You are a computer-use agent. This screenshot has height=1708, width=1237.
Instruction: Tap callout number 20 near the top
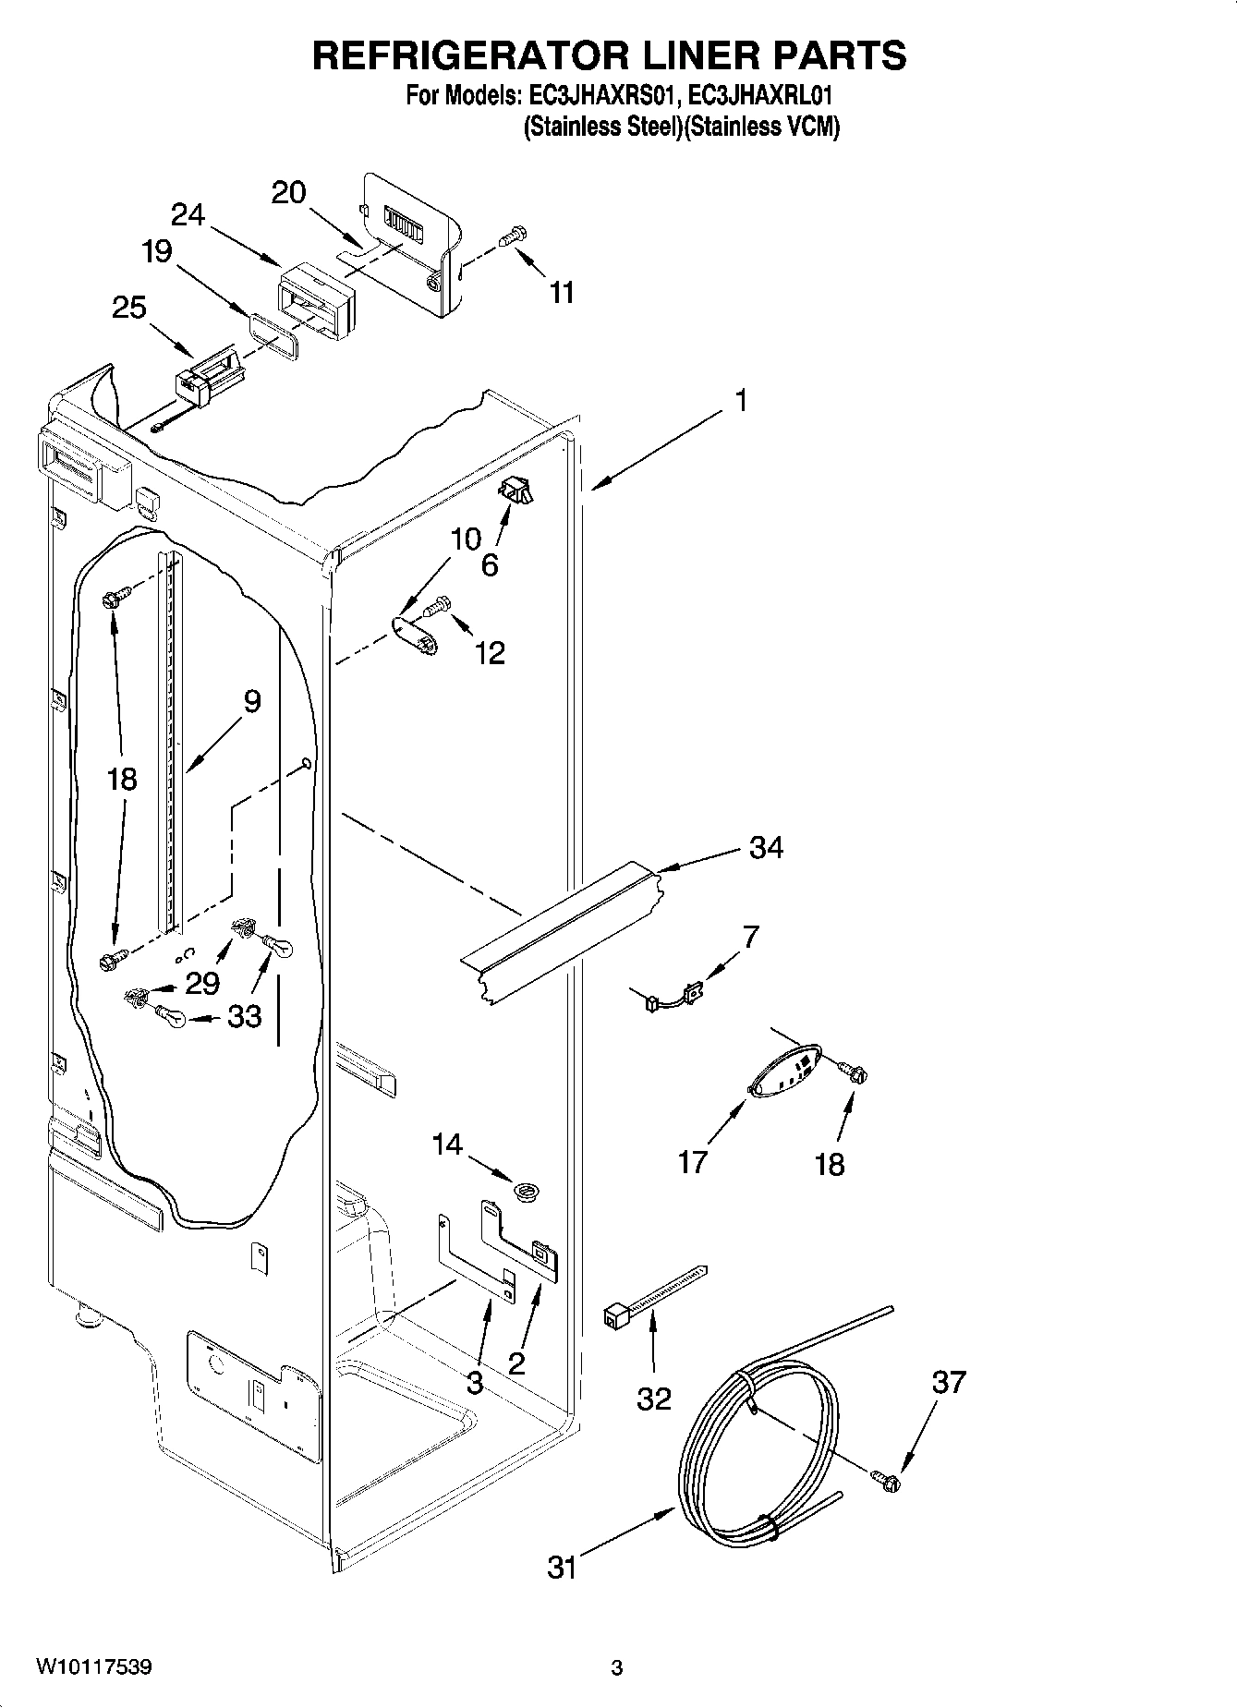tap(288, 192)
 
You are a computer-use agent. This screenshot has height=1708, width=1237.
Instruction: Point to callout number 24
tap(188, 214)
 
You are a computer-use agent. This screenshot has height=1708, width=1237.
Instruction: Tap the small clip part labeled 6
tap(516, 491)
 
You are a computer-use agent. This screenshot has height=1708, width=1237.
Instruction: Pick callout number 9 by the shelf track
tap(252, 702)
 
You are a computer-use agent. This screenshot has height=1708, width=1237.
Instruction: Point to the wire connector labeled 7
tap(673, 998)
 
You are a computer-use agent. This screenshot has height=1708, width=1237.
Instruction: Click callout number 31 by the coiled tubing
tap(562, 1567)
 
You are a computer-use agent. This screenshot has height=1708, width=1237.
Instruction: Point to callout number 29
tap(201, 984)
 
